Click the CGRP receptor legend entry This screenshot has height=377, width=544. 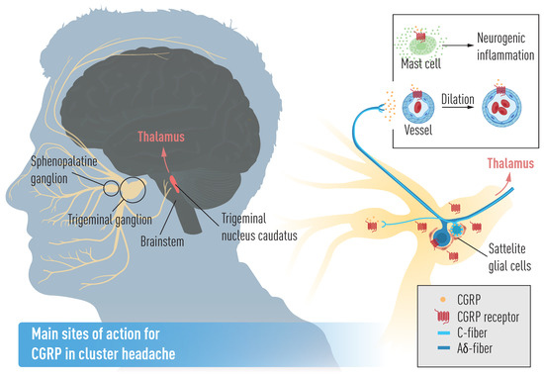482,316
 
